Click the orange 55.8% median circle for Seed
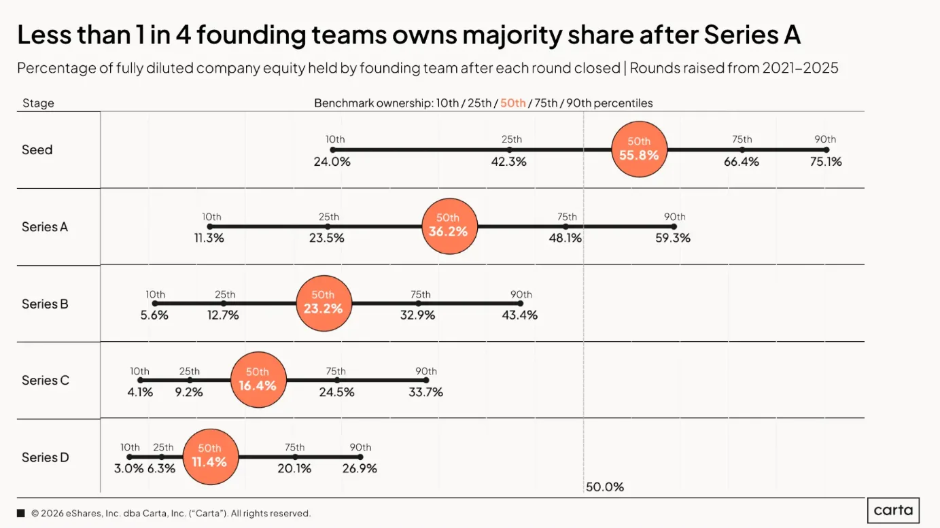click(639, 149)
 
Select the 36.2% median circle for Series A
click(449, 226)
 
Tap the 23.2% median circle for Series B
click(324, 304)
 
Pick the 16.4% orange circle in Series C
click(258, 380)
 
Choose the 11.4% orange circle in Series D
click(211, 457)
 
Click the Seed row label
click(37, 149)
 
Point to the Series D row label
click(46, 457)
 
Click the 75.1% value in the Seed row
click(826, 162)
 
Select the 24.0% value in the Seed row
click(332, 162)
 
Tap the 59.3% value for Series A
click(673, 238)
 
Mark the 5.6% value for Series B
click(154, 315)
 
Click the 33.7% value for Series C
click(426, 392)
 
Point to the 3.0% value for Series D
click(129, 468)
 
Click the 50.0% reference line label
click(605, 487)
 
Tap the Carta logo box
click(893, 510)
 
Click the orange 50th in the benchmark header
click(512, 103)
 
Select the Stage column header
click(38, 103)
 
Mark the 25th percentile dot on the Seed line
click(509, 149)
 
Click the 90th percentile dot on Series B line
click(521, 304)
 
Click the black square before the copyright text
click(21, 513)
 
